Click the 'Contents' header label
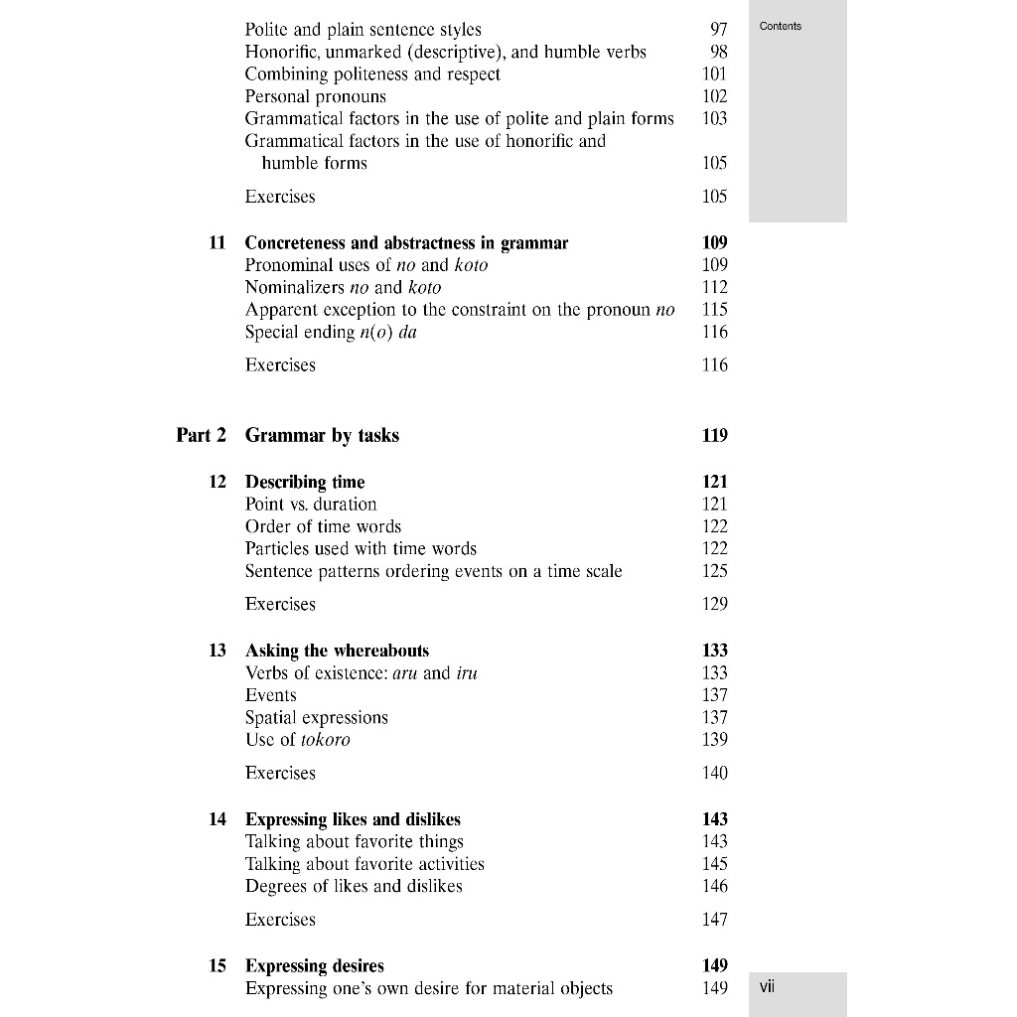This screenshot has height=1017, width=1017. [x=780, y=26]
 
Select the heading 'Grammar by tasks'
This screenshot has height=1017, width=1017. [x=322, y=435]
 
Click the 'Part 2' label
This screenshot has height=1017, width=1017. [x=201, y=435]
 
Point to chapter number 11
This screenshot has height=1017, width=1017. [x=218, y=242]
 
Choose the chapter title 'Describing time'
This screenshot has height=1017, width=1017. [x=305, y=482]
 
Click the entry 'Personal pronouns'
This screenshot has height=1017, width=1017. [x=315, y=96]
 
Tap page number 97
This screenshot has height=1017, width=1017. [x=719, y=30]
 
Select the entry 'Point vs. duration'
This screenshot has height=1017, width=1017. [x=311, y=505]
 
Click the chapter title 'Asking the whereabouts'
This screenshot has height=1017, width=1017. [x=337, y=651]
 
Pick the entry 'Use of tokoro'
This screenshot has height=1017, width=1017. [x=297, y=740]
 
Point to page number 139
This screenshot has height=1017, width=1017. [x=714, y=740]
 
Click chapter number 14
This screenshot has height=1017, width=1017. [x=218, y=819]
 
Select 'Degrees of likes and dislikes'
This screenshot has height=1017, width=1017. [x=354, y=886]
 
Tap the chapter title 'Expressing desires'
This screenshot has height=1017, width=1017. [x=314, y=965]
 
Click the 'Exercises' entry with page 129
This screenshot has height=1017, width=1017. [x=280, y=604]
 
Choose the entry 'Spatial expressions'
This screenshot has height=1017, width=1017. [x=316, y=717]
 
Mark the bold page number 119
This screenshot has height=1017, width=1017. [x=714, y=435]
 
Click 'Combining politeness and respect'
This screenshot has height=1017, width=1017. [x=372, y=74]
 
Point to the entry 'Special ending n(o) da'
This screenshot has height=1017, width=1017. [x=331, y=333]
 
